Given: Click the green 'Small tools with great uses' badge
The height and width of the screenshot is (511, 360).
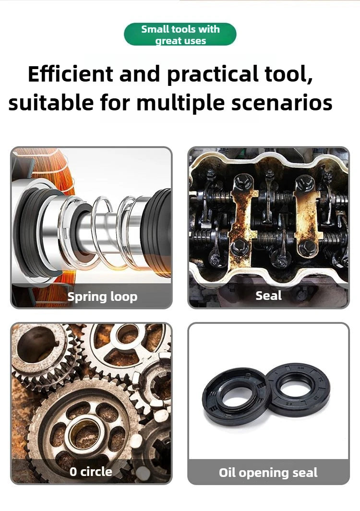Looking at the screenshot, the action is click(180, 34).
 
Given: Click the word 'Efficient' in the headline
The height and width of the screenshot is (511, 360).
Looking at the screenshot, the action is click(70, 74).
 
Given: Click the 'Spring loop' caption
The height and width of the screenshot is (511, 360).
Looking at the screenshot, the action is click(102, 297).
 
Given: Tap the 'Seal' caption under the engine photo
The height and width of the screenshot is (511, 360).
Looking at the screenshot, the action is click(268, 296).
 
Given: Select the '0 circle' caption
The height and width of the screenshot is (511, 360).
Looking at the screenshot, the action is click(91, 472).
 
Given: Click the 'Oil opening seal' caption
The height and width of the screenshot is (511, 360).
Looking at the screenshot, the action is click(268, 473).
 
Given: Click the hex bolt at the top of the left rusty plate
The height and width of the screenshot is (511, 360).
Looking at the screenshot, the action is click(242, 181).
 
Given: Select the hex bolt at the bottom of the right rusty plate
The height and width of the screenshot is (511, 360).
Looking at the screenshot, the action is click(307, 248).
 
